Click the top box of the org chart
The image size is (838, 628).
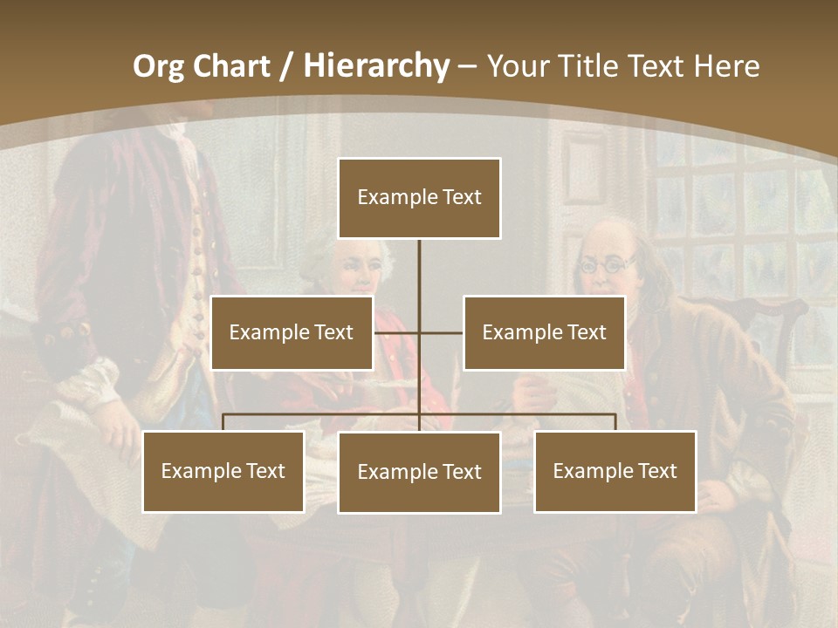(x=419, y=198)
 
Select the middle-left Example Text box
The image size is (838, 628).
(x=292, y=333)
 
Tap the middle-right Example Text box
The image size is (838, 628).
(x=544, y=333)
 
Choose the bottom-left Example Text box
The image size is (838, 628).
(x=223, y=472)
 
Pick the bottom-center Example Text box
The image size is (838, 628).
(x=419, y=473)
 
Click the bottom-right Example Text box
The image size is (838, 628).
(x=615, y=472)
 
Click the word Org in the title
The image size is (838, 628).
(x=158, y=66)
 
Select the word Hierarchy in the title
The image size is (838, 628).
(x=376, y=66)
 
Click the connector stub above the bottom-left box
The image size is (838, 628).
(x=223, y=423)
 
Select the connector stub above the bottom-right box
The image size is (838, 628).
(x=615, y=423)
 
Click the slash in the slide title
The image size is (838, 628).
(x=285, y=66)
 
